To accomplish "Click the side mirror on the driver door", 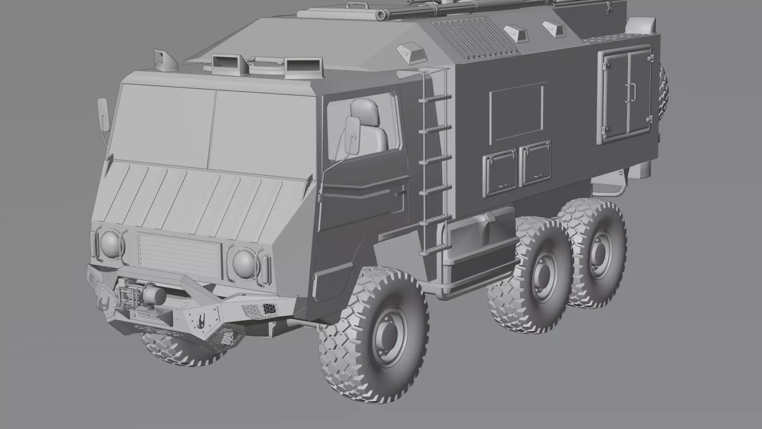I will point(352,135).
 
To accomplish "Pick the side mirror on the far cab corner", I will point(103,114).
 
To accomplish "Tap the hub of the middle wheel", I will point(542,274).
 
